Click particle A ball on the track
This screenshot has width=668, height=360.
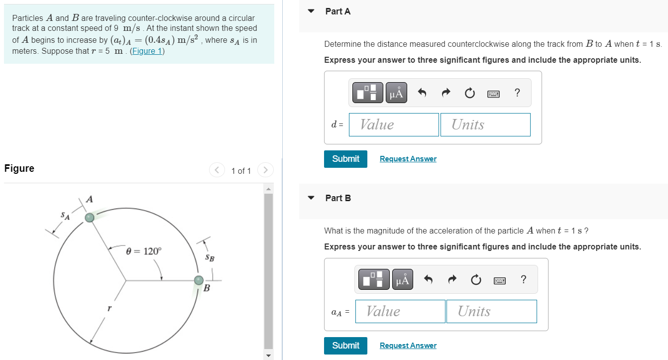90,217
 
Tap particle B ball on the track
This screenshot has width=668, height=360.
199,280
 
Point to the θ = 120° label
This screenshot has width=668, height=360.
144,251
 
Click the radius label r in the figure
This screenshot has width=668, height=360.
109,309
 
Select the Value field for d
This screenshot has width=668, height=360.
394,124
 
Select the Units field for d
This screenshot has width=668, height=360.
485,124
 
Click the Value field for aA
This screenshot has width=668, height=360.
400,311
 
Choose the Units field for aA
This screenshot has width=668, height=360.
491,311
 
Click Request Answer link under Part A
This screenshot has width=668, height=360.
408,159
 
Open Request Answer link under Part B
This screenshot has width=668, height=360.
408,346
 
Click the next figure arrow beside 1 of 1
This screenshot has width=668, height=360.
265,170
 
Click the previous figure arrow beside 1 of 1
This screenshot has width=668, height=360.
217,170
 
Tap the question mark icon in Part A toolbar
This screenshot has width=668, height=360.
517,93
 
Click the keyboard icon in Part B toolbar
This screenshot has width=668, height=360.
499,280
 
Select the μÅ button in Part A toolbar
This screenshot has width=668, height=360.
396,93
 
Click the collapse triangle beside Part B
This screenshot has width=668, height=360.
311,198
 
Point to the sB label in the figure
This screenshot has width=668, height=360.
210,258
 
